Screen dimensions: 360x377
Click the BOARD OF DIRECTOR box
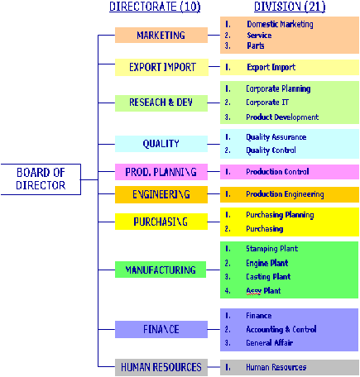click(41, 179)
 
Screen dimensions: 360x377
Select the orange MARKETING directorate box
click(161, 35)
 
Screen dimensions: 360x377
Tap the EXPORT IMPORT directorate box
click(161, 67)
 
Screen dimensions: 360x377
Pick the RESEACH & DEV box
click(161, 103)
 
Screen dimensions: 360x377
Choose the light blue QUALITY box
click(161, 144)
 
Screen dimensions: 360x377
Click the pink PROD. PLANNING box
click(161, 172)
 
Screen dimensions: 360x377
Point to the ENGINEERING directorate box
click(161, 194)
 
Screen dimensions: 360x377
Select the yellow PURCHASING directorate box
click(161, 222)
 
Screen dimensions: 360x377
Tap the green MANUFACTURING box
click(161, 270)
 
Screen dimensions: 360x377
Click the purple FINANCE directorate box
click(161, 329)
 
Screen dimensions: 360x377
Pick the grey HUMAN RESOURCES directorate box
click(161, 367)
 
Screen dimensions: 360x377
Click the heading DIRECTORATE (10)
click(155, 7)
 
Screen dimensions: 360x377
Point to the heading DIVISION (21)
click(290, 7)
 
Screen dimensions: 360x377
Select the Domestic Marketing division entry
click(280, 24)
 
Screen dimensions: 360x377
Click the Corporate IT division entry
click(267, 103)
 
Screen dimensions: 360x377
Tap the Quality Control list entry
click(271, 150)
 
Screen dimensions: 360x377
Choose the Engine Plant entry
click(267, 263)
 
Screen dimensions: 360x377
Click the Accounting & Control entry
click(281, 329)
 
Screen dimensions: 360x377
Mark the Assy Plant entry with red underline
click(263, 291)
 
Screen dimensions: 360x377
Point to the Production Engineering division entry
click(285, 194)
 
